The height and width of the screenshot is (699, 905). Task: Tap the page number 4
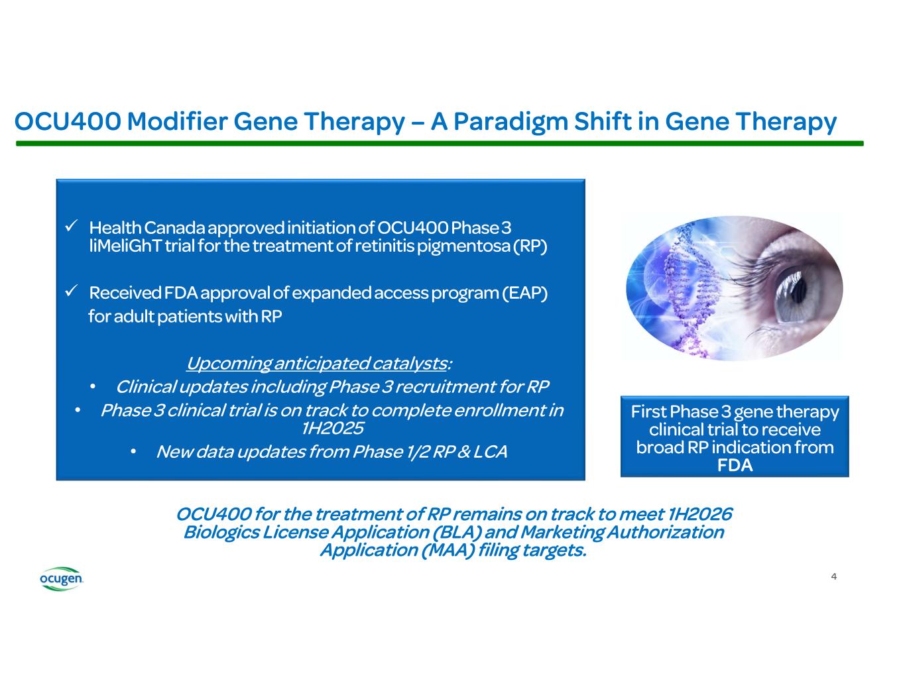click(833, 576)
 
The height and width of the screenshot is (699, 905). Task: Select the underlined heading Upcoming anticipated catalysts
click(316, 363)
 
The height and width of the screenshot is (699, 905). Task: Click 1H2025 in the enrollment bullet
click(332, 428)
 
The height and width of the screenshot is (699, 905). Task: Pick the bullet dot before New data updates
click(134, 452)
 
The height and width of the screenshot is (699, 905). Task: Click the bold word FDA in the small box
click(735, 465)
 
